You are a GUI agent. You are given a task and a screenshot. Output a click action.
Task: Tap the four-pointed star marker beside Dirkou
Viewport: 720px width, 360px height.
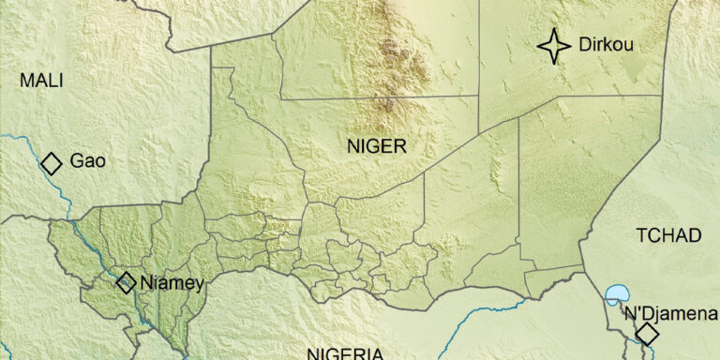click(554, 46)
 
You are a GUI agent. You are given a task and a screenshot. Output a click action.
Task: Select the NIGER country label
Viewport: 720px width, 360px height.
click(376, 146)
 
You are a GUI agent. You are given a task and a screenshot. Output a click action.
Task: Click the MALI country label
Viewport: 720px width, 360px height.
click(41, 81)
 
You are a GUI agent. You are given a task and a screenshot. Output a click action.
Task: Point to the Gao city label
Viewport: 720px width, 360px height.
click(87, 162)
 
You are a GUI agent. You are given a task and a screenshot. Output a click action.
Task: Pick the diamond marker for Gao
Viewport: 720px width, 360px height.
click(52, 163)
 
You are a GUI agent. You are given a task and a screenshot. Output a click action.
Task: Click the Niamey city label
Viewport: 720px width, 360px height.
click(172, 282)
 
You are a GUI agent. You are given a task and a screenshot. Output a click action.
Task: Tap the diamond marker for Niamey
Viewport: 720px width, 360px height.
click(126, 282)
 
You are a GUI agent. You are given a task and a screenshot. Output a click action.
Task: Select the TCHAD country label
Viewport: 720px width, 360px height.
click(668, 235)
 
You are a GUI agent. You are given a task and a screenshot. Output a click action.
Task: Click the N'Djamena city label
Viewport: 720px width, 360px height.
click(671, 313)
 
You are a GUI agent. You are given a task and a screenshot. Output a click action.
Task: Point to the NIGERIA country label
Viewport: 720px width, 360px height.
click(346, 354)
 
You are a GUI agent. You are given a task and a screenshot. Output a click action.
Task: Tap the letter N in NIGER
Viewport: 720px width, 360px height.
click(352, 146)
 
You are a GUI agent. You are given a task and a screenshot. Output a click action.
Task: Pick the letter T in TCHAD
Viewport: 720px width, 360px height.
click(641, 235)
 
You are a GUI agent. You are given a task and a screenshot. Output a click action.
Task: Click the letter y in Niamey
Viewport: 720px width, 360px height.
click(198, 284)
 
